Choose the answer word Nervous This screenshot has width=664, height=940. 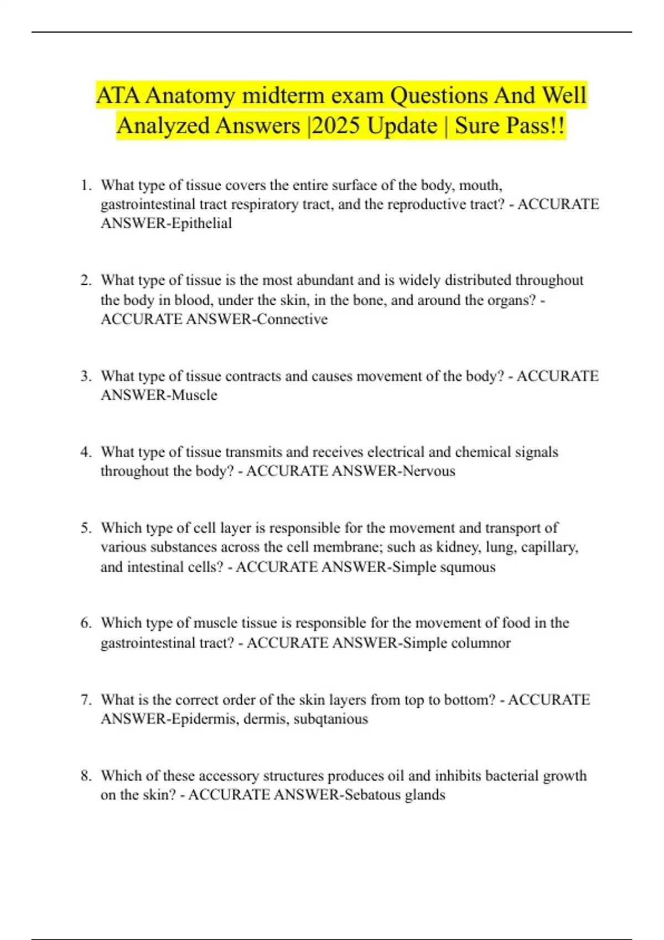(429, 471)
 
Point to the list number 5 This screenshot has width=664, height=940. (85, 528)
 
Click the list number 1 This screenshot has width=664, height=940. (85, 185)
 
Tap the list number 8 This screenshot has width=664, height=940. (85, 776)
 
